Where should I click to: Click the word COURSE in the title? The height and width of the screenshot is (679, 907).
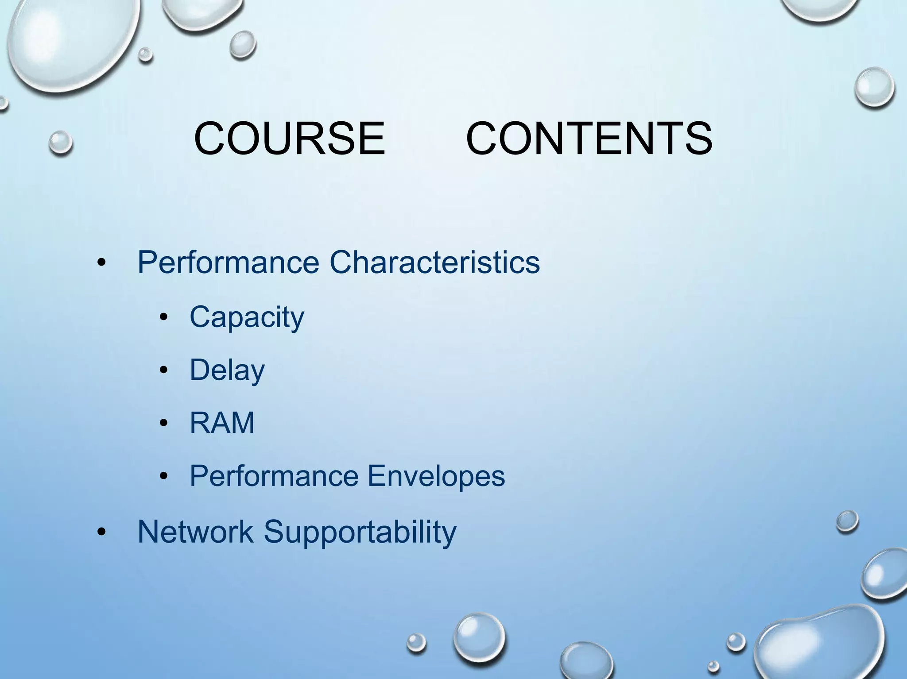tap(290, 139)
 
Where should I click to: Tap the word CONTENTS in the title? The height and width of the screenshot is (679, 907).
tap(589, 139)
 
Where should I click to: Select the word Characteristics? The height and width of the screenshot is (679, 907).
tap(434, 262)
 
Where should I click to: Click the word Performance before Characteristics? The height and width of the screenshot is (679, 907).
tap(228, 262)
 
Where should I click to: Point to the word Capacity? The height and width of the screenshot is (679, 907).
tap(247, 317)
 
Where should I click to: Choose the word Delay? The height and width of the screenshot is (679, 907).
tap(227, 370)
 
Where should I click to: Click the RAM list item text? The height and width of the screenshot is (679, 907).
tap(222, 423)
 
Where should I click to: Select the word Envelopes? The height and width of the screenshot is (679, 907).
tap(436, 476)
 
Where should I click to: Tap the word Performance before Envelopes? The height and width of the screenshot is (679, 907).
tap(274, 476)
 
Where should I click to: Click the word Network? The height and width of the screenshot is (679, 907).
tap(195, 531)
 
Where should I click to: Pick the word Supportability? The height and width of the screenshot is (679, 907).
tap(360, 532)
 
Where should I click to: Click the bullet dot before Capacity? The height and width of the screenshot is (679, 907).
tap(164, 317)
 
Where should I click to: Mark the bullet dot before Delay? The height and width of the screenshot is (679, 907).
tap(164, 370)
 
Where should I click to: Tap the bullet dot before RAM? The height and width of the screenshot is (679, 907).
tap(164, 424)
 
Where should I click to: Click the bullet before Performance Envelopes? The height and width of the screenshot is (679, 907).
tap(164, 477)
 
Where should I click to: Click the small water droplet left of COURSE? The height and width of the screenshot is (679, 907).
tap(60, 143)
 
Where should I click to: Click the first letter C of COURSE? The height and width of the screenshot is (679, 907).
tap(210, 139)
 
